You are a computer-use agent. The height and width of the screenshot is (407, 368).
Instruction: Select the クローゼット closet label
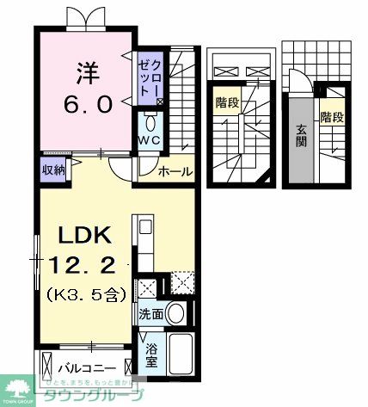point(150,77)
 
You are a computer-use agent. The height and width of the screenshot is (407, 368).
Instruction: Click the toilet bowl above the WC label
point(150,121)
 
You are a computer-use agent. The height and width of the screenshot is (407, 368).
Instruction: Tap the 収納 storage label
point(52,168)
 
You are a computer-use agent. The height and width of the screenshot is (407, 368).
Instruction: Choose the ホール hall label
point(175,172)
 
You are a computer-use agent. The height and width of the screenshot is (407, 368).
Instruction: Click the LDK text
point(83,233)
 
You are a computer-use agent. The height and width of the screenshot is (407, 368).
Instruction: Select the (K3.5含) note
point(85,293)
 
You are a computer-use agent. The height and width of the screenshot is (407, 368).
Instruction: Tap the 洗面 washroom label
point(150,313)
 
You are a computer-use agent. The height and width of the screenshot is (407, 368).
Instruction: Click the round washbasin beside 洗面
point(176,313)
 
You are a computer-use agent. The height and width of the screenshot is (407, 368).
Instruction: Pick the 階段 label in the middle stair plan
point(226,101)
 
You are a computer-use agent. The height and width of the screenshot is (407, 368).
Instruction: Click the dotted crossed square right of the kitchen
point(181,281)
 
